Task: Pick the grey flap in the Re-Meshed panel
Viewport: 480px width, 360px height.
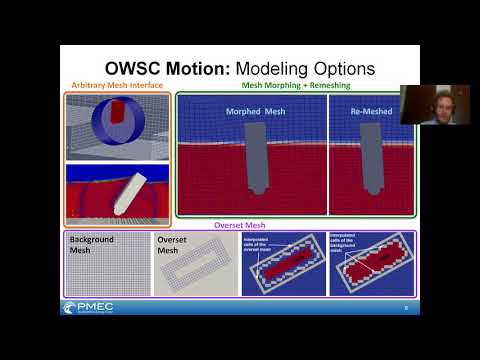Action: [x=367, y=161]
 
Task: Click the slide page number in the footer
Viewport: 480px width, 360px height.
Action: [x=405, y=308]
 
